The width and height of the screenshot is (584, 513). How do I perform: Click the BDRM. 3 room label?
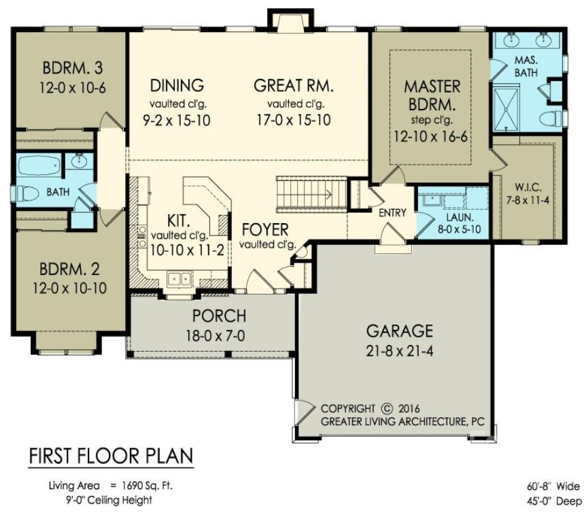(x=73, y=69)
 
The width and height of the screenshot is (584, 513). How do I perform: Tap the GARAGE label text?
(x=399, y=331)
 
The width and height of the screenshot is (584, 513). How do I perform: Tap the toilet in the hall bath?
(x=26, y=193)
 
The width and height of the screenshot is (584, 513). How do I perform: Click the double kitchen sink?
(x=179, y=278)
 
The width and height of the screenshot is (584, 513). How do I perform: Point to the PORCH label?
(x=219, y=316)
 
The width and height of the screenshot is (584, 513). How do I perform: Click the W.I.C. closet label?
(x=527, y=187)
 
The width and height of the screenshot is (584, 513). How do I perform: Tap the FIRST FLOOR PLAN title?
(x=110, y=455)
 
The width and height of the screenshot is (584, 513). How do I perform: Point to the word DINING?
(x=177, y=86)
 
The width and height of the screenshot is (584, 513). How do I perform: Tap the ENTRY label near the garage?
(x=392, y=213)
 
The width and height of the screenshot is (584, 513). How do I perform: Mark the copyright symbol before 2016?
(x=387, y=409)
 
